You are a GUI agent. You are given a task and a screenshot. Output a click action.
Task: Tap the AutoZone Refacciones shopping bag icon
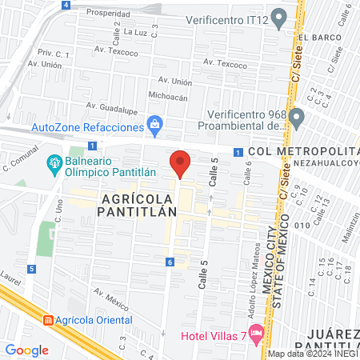[x=154, y=124]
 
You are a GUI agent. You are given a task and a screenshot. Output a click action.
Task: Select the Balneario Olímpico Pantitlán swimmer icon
[x=54, y=165]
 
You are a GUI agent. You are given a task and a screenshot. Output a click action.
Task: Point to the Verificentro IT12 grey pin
[x=278, y=17]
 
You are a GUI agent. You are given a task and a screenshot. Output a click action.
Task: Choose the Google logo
[x=26, y=350]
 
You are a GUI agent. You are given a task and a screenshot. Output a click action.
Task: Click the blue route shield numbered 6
[x=170, y=262]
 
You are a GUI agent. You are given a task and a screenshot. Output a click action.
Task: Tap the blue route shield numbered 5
[x=30, y=269]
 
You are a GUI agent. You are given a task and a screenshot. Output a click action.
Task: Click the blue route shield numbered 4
[x=65, y=5]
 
